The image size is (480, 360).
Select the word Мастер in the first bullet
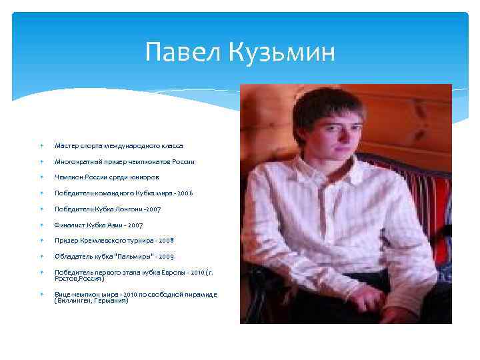tap(65, 145)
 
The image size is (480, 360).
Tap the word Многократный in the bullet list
tap(77, 161)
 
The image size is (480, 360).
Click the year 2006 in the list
tap(185, 193)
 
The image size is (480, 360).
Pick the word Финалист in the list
tap(68, 225)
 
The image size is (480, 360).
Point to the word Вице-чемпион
tap(75, 294)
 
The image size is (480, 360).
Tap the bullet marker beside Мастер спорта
tap(41, 145)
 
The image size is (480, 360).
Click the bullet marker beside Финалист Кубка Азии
tap(41, 225)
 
